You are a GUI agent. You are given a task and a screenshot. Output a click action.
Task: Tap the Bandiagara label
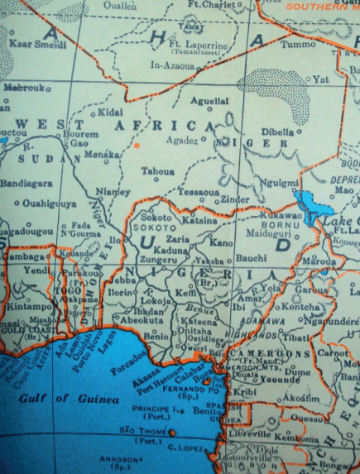[25, 182]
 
